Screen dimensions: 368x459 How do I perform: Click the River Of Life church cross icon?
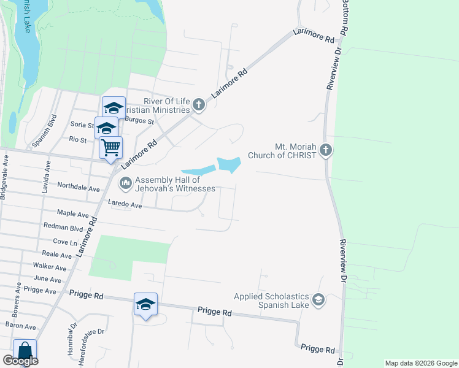tap(198, 105)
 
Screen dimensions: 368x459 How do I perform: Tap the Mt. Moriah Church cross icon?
tap(326, 150)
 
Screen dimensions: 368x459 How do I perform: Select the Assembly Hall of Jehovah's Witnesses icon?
tap(126, 182)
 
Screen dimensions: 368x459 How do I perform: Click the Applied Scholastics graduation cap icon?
tap(318, 299)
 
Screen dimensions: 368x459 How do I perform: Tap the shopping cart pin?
tap(111, 148)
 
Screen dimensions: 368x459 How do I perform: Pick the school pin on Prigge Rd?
tap(145, 304)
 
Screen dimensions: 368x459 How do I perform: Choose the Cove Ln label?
tap(64, 242)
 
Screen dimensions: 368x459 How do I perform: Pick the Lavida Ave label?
tap(45, 178)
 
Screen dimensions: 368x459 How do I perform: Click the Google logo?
tap(20, 361)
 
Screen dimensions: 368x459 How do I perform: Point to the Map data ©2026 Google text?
tap(420, 363)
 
